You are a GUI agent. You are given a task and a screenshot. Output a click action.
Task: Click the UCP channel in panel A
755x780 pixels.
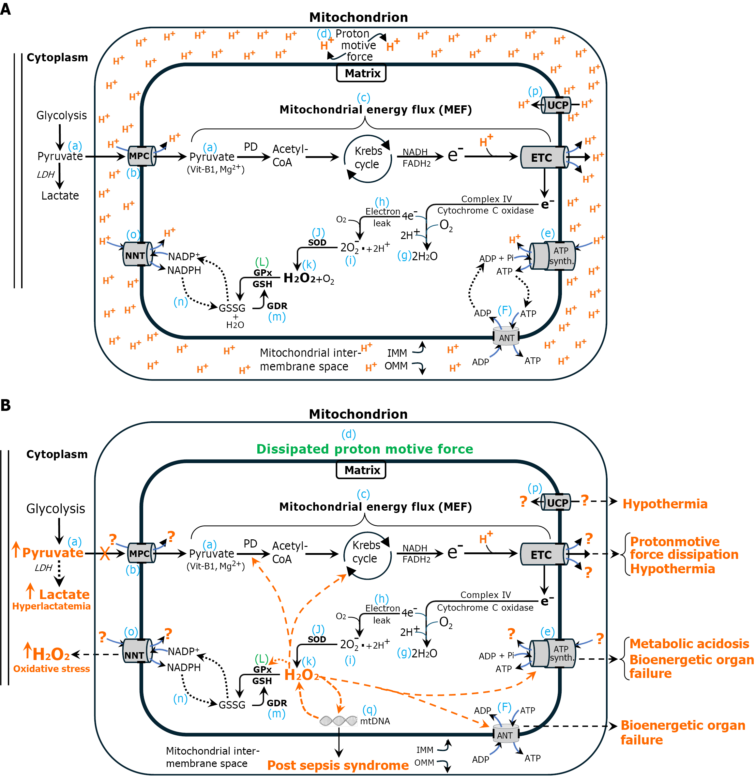(556, 105)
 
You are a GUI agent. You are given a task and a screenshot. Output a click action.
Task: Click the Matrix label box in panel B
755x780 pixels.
(361, 470)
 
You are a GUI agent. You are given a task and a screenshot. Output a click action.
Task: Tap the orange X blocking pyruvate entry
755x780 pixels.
(105, 553)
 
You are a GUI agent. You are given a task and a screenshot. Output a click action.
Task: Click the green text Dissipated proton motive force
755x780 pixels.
(365, 449)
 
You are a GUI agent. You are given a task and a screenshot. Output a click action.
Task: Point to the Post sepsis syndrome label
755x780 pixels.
(338, 765)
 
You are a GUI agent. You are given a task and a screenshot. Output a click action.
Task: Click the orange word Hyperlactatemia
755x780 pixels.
(51, 606)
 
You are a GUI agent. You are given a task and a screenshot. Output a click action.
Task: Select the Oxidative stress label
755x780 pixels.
(51, 668)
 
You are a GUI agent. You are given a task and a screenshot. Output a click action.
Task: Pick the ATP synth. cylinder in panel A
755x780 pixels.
(552, 256)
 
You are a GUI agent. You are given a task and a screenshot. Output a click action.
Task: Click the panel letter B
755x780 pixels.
(6, 405)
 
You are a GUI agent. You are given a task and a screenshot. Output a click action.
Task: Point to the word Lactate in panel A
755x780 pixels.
(60, 195)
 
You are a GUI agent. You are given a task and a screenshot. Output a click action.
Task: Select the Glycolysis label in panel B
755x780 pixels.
(56, 509)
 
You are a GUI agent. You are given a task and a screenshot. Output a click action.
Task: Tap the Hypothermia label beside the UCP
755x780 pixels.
(665, 504)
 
